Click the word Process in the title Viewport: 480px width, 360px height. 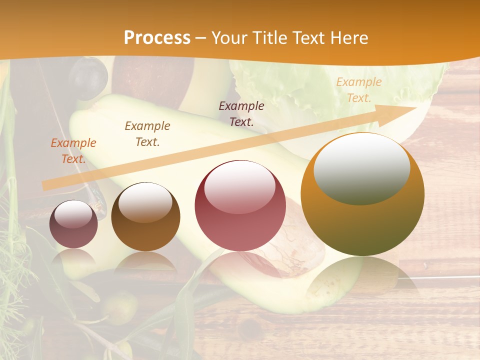tap(157, 37)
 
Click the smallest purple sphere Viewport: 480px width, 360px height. tap(73, 224)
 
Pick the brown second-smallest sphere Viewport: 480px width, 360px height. tap(145, 216)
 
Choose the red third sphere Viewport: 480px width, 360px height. tap(240, 205)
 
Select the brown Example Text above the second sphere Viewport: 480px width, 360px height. tap(147, 134)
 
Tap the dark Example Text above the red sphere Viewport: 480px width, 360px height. tap(241, 113)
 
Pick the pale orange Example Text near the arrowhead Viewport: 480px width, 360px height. tap(358, 90)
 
